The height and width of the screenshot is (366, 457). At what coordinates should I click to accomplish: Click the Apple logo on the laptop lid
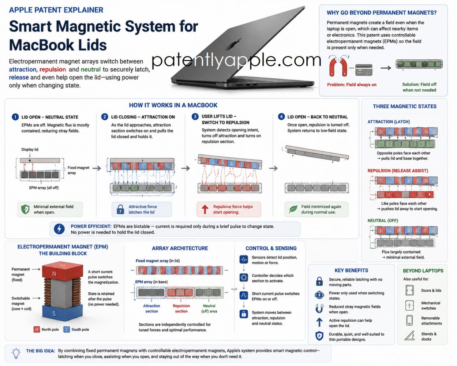(234, 45)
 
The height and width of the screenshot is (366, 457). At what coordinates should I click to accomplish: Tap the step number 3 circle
(195, 117)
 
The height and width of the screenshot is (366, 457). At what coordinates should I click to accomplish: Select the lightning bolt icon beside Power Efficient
(59, 229)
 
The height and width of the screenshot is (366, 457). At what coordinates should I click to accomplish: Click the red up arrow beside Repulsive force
(205, 209)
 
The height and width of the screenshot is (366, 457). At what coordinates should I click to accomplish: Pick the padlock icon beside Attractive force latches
(120, 209)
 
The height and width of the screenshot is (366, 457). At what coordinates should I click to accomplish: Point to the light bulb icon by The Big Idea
(16, 353)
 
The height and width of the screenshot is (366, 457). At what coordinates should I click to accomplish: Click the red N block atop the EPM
(62, 271)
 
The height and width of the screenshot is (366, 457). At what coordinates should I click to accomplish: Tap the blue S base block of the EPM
(62, 313)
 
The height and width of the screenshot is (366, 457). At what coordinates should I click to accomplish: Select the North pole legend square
(36, 330)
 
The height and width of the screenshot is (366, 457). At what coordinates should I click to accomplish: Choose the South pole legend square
(66, 330)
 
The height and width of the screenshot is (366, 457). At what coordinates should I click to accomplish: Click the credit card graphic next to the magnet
(364, 70)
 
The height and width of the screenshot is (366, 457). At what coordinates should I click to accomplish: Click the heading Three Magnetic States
(405, 107)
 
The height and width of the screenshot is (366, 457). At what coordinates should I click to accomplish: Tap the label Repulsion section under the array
(181, 308)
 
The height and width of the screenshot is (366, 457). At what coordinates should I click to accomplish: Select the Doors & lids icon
(410, 290)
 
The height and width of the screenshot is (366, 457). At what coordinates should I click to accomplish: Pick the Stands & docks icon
(410, 336)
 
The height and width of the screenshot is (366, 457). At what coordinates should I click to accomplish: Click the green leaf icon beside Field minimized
(293, 209)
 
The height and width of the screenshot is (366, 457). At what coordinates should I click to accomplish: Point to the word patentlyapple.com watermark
(236, 61)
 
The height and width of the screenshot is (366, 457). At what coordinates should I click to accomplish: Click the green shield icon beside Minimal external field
(25, 209)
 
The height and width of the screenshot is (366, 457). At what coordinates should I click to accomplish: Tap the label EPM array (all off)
(44, 188)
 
